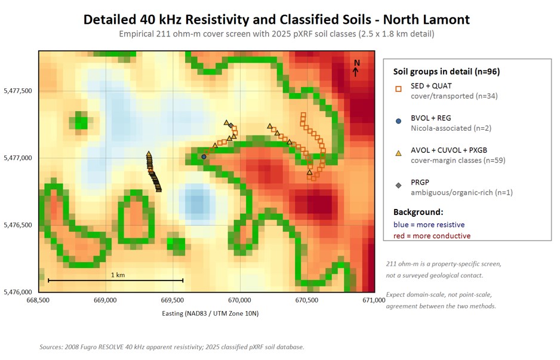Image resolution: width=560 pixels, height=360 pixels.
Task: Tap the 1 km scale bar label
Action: click(118, 275)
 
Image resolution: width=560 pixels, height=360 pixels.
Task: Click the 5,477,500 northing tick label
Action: click(18, 91)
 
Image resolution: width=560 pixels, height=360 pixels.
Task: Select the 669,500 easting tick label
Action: click(173, 300)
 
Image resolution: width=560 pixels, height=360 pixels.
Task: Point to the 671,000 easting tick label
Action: click(374, 300)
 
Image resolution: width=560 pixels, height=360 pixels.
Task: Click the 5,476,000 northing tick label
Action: click(18, 292)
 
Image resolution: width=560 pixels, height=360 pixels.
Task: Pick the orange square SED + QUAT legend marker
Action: click(399, 89)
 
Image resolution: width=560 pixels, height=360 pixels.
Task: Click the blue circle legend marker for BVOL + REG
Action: click(399, 121)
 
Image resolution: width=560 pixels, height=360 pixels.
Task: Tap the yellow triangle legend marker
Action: click(399, 153)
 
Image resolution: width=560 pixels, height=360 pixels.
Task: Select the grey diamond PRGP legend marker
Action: click(399, 185)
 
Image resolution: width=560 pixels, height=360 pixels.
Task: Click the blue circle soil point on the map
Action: click(204, 157)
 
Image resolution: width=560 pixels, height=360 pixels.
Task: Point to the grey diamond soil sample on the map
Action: click(230, 125)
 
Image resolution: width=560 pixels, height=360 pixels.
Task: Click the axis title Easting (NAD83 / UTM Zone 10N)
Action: click(210, 313)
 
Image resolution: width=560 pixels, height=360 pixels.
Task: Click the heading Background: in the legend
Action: click(419, 212)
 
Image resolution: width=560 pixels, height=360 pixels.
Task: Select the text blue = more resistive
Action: click(429, 224)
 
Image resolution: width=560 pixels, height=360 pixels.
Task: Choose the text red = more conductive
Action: click(432, 236)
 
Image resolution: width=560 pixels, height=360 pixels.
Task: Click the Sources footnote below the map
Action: click(172, 347)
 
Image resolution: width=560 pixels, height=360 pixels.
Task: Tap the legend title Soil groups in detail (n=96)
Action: click(447, 72)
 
